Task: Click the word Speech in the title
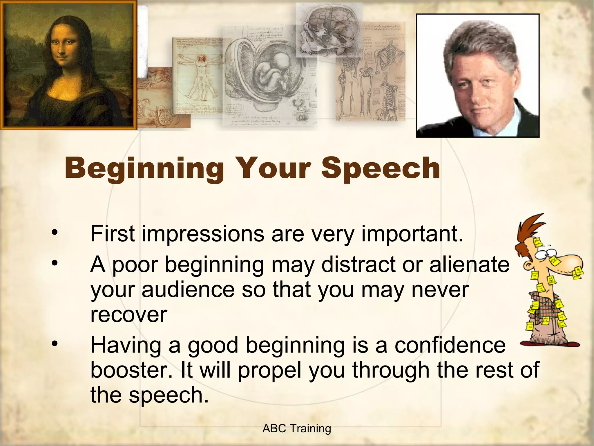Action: [x=381, y=168]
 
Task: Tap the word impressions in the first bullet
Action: [x=203, y=234]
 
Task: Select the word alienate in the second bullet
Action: [x=469, y=265]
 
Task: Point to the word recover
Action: [x=129, y=315]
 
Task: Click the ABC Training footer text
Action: [x=296, y=429]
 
